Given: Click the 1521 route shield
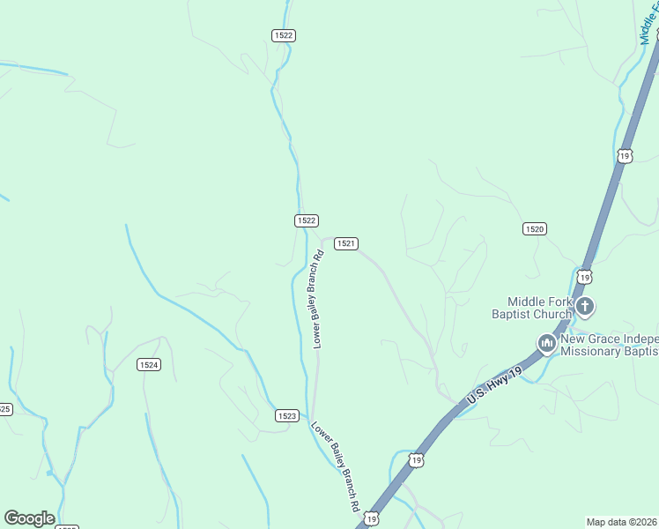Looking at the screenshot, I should [x=345, y=243].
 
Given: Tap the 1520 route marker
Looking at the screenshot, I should [x=534, y=228].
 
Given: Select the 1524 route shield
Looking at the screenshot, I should [x=149, y=364].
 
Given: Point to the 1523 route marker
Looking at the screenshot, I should [x=286, y=415].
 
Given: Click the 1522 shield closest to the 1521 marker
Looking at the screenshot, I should [x=306, y=220].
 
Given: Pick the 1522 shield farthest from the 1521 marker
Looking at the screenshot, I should [x=283, y=35].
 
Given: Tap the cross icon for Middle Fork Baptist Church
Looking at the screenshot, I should [x=586, y=307].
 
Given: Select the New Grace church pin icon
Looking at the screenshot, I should [x=547, y=342].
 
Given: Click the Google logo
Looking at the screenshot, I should [x=29, y=518].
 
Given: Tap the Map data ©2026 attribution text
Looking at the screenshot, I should [x=621, y=522].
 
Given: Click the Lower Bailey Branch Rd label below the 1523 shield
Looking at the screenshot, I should [x=335, y=466].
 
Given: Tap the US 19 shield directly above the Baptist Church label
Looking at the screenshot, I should [x=583, y=277].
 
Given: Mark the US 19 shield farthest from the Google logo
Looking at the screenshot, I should [x=624, y=155].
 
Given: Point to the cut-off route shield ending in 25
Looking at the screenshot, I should [x=4, y=409].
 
